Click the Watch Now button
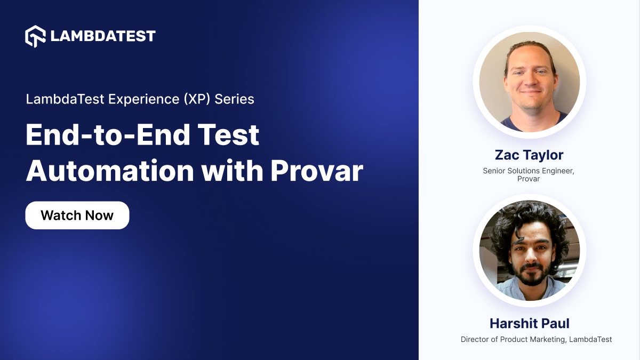tap(77, 215)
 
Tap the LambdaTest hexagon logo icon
tap(35, 36)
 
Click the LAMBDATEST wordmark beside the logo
tap(103, 36)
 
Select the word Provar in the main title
tap(317, 171)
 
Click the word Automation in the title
tap(110, 171)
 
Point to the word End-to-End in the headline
tap(108, 135)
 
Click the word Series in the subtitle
tap(234, 99)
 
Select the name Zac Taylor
tap(529, 155)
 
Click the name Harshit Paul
tap(530, 323)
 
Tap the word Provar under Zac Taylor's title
tap(529, 179)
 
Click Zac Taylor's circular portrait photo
tap(530, 82)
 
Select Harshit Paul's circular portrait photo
tap(530, 250)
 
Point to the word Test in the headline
tap(228, 135)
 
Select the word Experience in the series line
tap(143, 99)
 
